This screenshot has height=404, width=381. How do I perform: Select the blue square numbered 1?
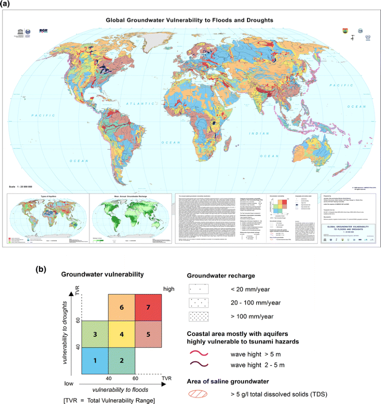coord(95,360)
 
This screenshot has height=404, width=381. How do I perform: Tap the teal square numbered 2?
coord(122,360)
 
